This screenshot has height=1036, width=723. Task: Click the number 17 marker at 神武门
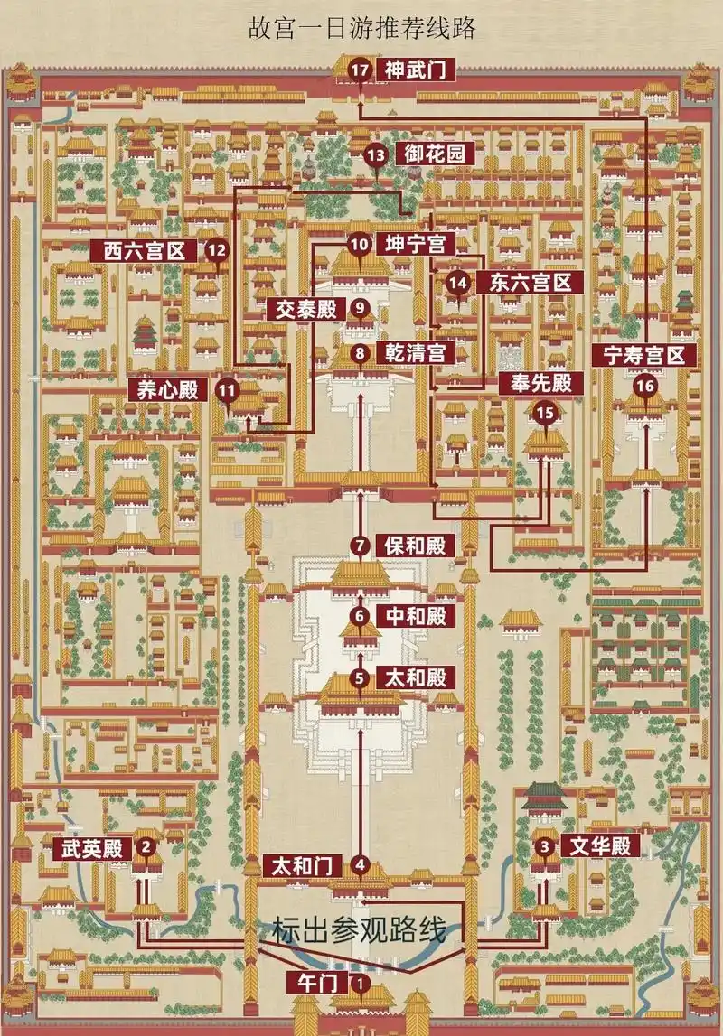tap(361, 69)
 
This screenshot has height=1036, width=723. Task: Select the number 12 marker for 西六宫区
tap(216, 251)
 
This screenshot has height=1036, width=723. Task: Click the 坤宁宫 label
tap(415, 244)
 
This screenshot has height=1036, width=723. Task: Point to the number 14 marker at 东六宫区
tap(459, 283)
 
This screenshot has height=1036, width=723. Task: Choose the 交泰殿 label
tap(306, 308)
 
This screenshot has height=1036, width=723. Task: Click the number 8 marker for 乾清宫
tap(361, 353)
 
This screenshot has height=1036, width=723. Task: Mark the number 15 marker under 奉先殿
tap(545, 413)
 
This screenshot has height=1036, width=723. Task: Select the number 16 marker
tap(644, 386)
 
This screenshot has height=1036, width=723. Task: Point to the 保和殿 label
tap(415, 546)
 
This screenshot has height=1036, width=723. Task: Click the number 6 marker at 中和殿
tap(361, 617)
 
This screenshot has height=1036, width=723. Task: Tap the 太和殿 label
tap(415, 677)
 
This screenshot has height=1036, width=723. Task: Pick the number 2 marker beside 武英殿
tap(145, 847)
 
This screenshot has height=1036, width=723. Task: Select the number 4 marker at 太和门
tap(361, 865)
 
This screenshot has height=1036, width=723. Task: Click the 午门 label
tap(305, 981)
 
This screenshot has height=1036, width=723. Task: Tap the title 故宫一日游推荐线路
tap(361, 28)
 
